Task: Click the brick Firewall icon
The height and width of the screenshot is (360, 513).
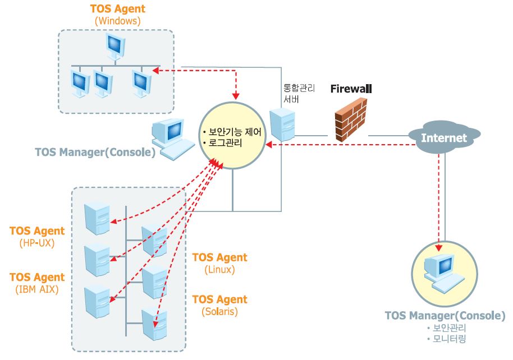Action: coord(351,118)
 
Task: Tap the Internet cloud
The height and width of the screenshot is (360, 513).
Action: coord(444,138)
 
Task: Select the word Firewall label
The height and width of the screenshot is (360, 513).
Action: coord(351,89)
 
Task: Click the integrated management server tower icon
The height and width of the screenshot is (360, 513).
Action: coord(282,124)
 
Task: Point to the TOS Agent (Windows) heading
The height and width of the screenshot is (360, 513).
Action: coord(117,15)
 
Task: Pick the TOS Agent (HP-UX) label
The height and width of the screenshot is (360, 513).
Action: coord(37,236)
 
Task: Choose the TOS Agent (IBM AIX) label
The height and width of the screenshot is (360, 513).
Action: coord(37,283)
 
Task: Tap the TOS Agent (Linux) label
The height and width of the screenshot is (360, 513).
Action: coord(219,263)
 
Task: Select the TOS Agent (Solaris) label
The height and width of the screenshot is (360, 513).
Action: coord(219,305)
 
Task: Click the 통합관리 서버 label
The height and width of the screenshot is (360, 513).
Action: coord(300,94)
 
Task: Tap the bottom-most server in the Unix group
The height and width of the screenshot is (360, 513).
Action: coord(154,324)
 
